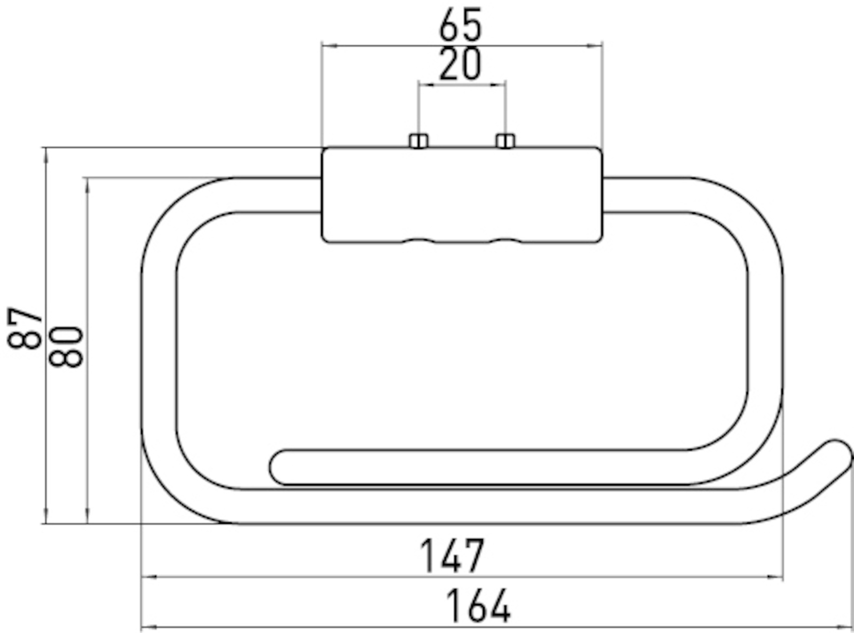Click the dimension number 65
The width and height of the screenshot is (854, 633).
[461, 25]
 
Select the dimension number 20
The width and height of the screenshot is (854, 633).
[461, 63]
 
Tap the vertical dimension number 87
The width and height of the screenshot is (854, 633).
[25, 328]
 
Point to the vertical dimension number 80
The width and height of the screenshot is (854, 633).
[66, 346]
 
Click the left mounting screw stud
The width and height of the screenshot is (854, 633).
[418, 141]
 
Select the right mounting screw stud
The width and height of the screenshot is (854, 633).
[505, 141]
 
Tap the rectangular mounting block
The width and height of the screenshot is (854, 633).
[462, 195]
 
